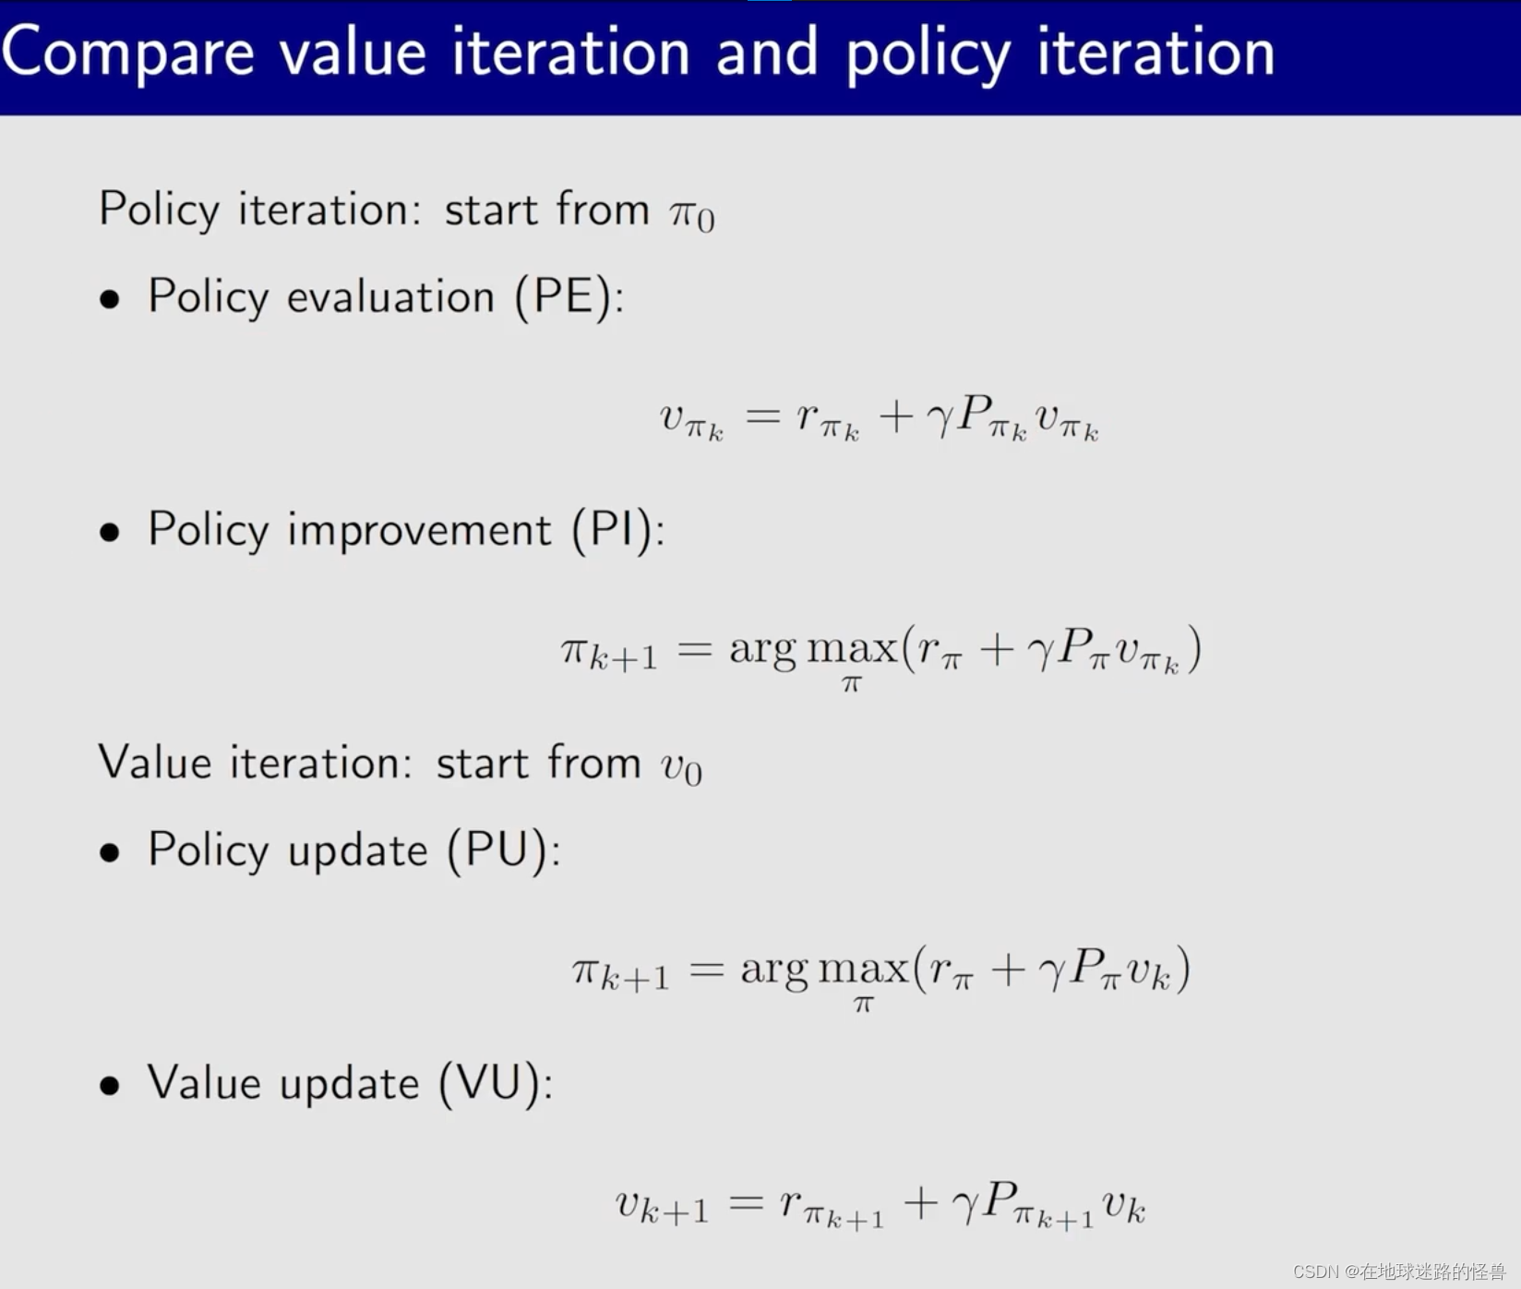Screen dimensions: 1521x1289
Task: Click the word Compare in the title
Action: pyautogui.click(x=128, y=54)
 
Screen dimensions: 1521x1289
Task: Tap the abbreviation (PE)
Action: pyautogui.click(x=563, y=298)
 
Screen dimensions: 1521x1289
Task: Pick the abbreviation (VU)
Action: pyautogui.click(x=490, y=1084)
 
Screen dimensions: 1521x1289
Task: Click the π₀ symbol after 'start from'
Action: pyautogui.click(x=692, y=214)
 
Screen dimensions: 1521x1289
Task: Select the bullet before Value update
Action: pyautogui.click(x=110, y=1086)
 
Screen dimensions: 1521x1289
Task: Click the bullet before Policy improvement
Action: pyautogui.click(x=110, y=533)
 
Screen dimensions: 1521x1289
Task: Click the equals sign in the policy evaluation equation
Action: pyautogui.click(x=763, y=417)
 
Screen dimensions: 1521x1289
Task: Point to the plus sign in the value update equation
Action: pyautogui.click(x=921, y=1203)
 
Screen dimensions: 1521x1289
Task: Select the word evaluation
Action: pyautogui.click(x=391, y=297)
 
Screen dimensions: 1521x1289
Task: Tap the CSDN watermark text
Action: pyautogui.click(x=1399, y=1271)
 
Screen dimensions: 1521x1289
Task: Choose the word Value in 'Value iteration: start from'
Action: pyautogui.click(x=155, y=764)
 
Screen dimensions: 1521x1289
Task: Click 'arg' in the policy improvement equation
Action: pyautogui.click(x=762, y=651)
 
